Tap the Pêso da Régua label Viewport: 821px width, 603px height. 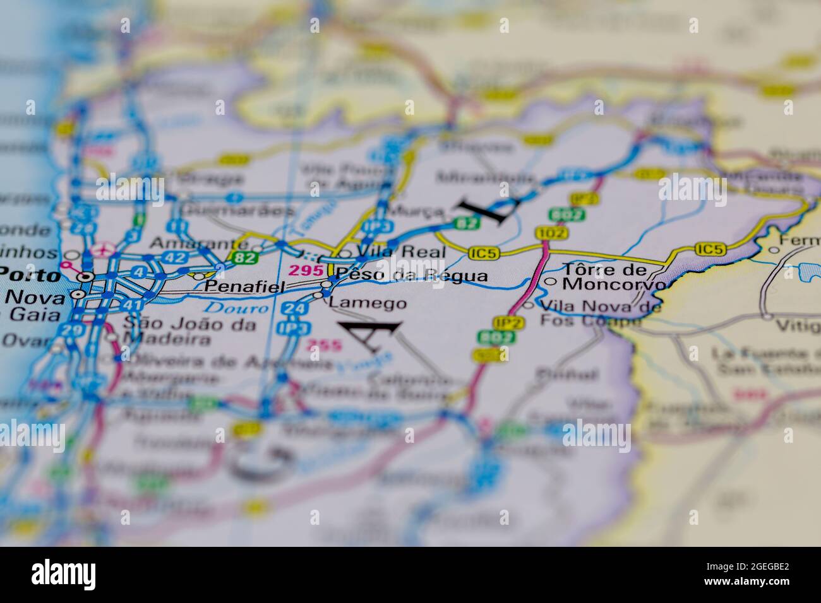[412, 275]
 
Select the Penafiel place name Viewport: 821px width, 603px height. [245, 286]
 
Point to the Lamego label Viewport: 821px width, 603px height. [368, 303]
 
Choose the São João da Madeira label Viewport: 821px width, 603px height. [189, 332]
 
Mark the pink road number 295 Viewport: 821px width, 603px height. [301, 271]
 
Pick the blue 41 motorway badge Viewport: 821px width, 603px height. [131, 305]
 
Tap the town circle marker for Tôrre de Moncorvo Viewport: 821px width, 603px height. [551, 282]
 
